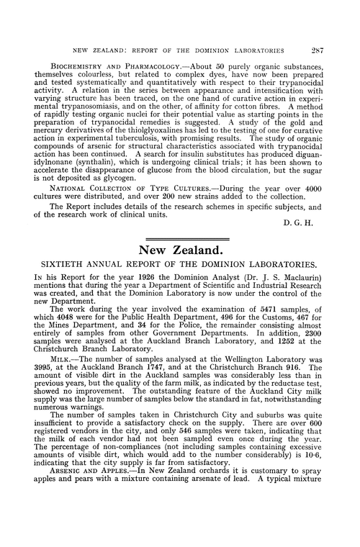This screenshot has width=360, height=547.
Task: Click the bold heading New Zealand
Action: (180, 250)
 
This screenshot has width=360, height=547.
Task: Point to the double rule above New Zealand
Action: (180, 238)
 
